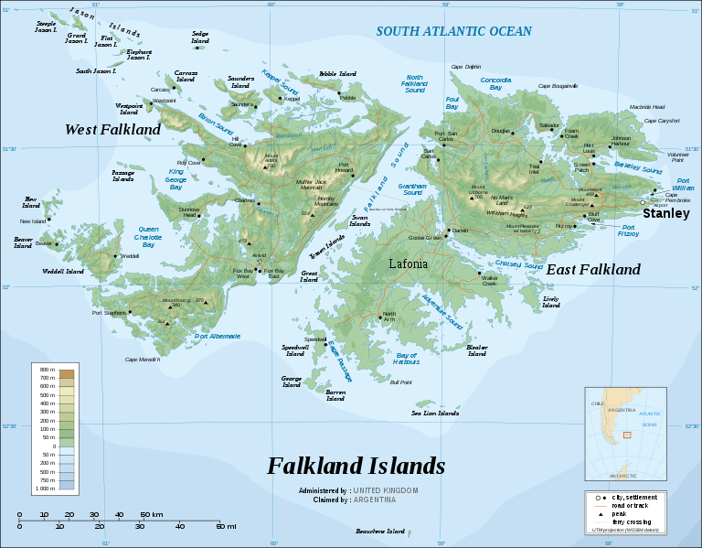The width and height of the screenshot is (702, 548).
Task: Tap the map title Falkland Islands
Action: (356, 466)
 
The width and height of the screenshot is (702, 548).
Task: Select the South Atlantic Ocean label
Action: (453, 31)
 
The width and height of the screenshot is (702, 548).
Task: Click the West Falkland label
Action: (112, 130)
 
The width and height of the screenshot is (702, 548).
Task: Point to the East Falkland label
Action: (593, 269)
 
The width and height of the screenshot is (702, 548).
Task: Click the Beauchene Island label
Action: (379, 531)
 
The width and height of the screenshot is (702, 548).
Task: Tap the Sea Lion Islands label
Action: (434, 413)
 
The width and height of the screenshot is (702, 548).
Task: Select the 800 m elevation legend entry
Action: (42, 370)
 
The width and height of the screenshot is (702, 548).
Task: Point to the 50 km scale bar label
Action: (151, 515)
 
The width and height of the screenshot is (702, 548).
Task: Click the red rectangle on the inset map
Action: (627, 435)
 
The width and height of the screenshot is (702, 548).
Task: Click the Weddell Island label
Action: (62, 272)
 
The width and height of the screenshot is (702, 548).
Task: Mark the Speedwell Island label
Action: (294, 349)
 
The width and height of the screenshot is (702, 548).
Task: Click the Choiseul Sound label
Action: (519, 264)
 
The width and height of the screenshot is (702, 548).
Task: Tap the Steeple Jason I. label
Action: (45, 27)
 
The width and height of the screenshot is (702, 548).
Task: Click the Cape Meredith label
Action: (142, 360)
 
